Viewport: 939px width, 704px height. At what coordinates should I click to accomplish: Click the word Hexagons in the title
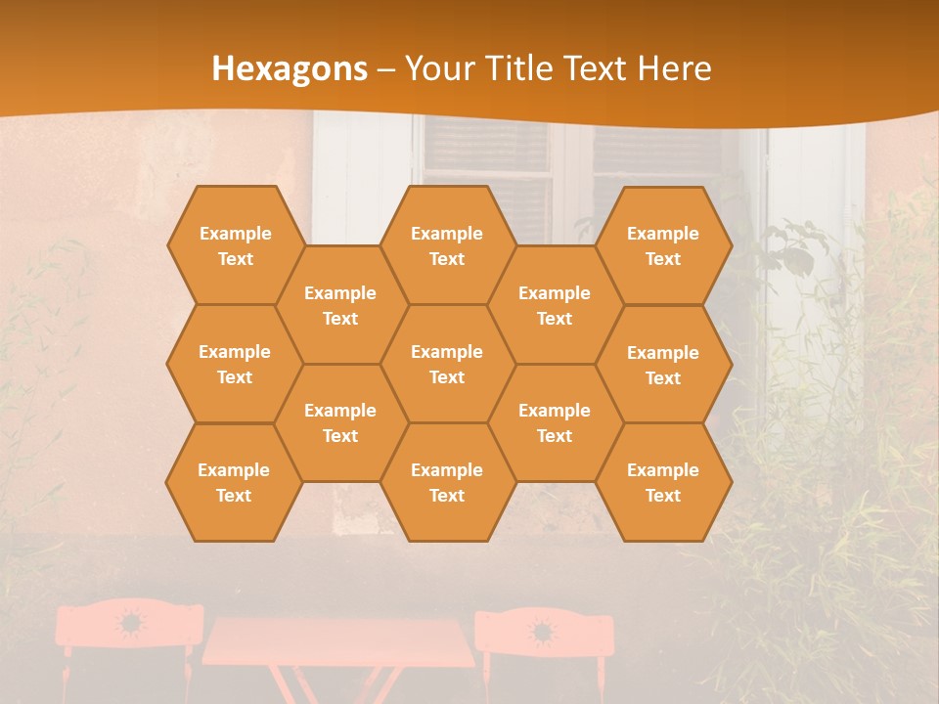(290, 68)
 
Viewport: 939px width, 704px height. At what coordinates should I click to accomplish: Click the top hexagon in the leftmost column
(235, 245)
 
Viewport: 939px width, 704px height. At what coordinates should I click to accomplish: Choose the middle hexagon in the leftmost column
(235, 364)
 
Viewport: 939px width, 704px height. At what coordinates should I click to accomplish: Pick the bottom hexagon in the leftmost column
(234, 482)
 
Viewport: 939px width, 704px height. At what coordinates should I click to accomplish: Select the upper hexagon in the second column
(340, 305)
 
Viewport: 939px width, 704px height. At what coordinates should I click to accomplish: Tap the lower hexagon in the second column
(340, 422)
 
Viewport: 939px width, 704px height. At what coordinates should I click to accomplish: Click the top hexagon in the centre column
(447, 245)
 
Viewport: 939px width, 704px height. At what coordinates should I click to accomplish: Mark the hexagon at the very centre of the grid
(447, 364)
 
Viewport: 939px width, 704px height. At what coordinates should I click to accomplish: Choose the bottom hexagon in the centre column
(447, 482)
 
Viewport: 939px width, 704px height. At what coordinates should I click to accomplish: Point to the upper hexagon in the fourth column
(555, 305)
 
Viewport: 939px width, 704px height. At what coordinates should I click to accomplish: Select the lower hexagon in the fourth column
(555, 422)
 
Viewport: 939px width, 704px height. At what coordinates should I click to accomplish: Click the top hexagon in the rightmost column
(663, 245)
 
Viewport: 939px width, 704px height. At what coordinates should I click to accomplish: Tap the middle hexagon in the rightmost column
(663, 365)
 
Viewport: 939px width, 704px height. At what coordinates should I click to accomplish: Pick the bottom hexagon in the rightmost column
(663, 482)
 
